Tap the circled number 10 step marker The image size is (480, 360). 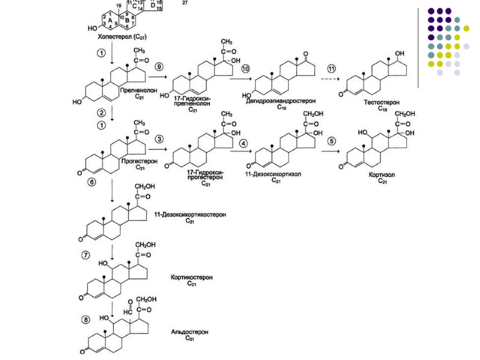(x=245, y=69)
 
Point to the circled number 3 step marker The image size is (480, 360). (x=159, y=139)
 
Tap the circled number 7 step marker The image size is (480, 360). (x=88, y=255)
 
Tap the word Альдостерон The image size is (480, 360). (x=190, y=331)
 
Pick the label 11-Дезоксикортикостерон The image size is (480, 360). (x=190, y=214)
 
